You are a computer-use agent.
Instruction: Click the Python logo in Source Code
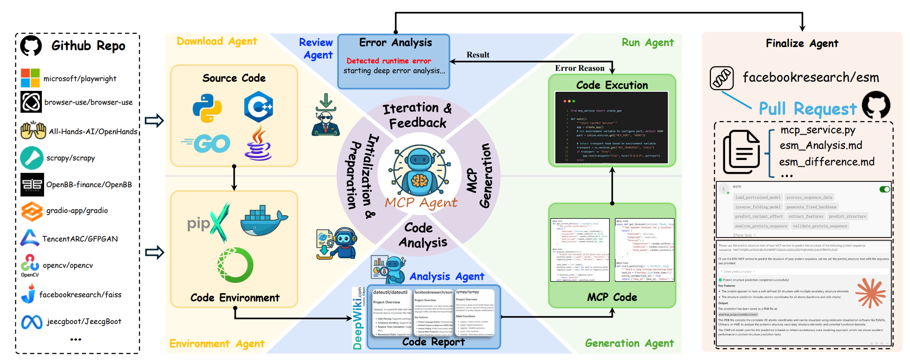[207, 108]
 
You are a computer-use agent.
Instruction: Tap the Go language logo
[206, 143]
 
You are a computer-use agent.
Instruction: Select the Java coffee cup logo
[258, 143]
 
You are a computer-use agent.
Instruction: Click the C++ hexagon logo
[258, 107]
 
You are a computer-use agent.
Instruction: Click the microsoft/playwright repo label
[80, 79]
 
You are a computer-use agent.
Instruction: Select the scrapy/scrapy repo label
[70, 158]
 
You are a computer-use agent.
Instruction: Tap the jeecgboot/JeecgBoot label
[84, 322]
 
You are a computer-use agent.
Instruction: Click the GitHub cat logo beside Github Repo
[31, 45]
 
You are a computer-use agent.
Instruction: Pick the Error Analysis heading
[396, 43]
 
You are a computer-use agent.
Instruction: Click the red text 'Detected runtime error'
[388, 61]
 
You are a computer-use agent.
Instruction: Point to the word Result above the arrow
[478, 55]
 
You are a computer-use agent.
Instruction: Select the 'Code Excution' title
[612, 85]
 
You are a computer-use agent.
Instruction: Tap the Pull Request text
[808, 109]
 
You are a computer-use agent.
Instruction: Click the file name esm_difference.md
[827, 162]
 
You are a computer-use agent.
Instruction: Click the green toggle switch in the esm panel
[885, 189]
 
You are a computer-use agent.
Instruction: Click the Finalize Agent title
[802, 43]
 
